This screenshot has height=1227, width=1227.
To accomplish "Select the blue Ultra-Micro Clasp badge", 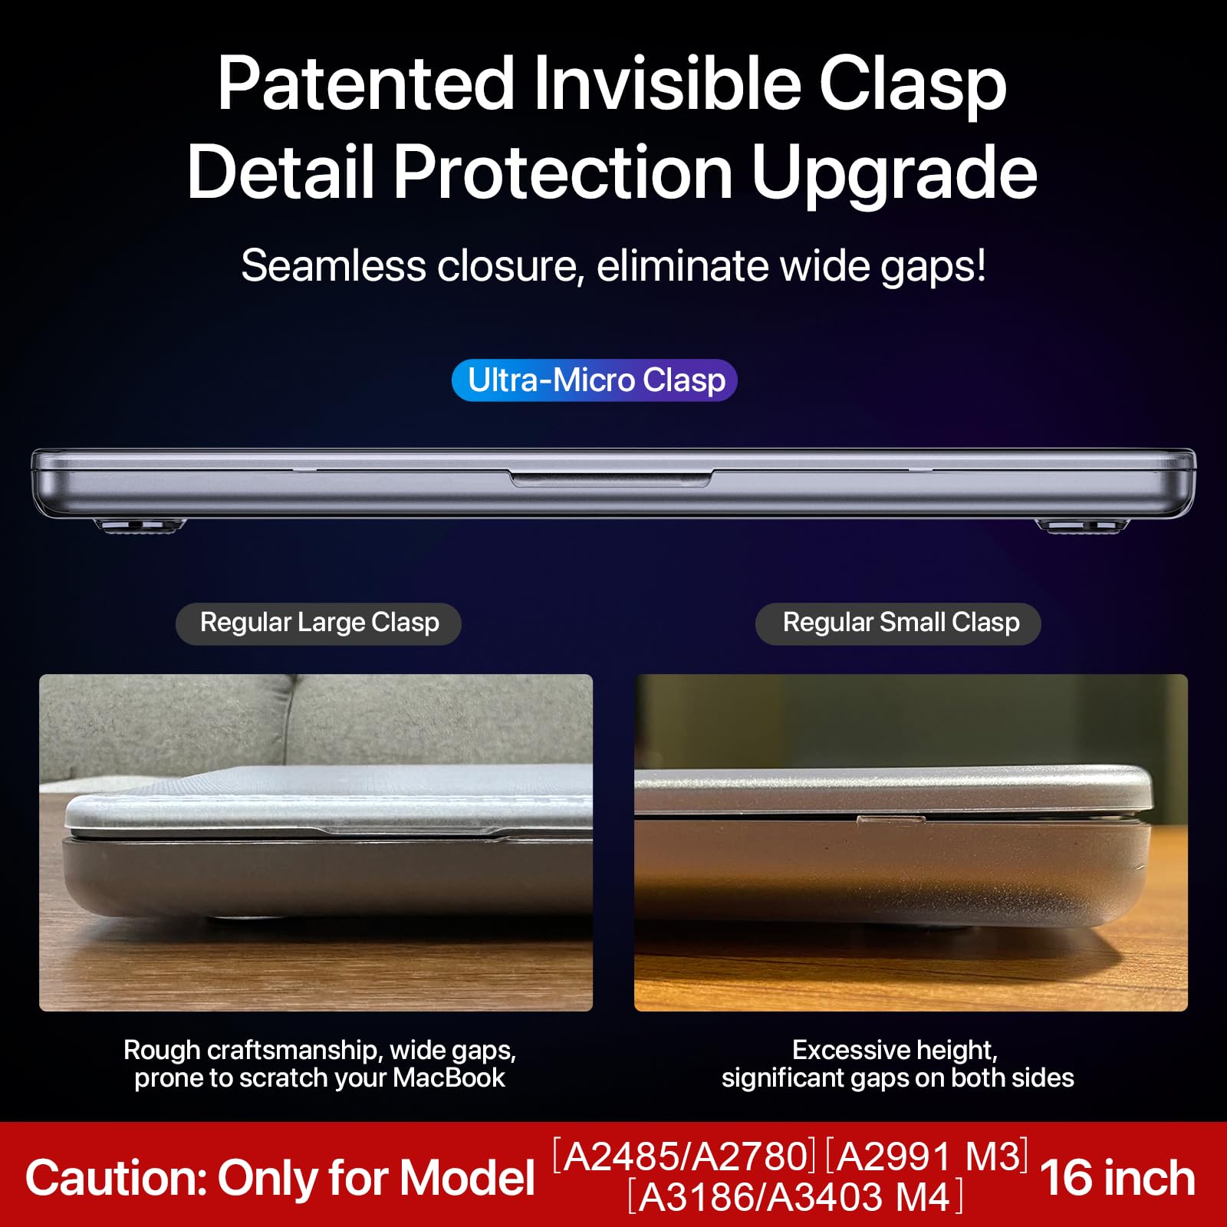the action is point(594,380).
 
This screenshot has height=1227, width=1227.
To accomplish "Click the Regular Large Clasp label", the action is point(319,623).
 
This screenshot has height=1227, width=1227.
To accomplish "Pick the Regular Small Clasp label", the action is point(899,623).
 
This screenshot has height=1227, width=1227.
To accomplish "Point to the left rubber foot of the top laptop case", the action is point(140,525).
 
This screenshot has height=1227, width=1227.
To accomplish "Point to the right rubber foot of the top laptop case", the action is point(1081,525).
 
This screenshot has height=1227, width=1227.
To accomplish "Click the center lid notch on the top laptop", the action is point(611,479).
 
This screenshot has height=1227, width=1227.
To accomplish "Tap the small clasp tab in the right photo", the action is point(890,819).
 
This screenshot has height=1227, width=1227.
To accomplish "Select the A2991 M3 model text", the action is point(927,1156).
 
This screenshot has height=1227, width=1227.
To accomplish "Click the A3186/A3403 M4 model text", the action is point(795,1197).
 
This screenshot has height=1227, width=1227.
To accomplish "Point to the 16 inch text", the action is point(1117,1178).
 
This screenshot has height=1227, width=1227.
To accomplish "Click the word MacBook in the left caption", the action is point(449,1078).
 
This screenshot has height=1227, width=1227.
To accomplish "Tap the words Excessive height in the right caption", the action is point(895,1050).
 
